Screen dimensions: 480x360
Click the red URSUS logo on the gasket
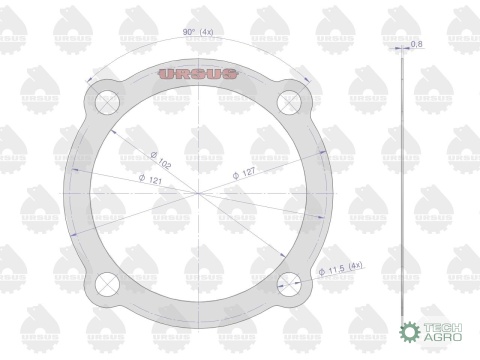pyautogui.click(x=198, y=74)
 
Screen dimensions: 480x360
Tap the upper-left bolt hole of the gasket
pyautogui.click(x=107, y=102)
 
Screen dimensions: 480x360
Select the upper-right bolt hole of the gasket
pyautogui.click(x=289, y=102)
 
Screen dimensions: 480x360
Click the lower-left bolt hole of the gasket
pyautogui.click(x=107, y=284)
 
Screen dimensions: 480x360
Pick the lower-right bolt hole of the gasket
pyautogui.click(x=289, y=284)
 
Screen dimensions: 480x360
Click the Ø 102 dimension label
pyautogui.click(x=161, y=160)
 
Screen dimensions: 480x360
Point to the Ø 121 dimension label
pyautogui.click(x=150, y=179)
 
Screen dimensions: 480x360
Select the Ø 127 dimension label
pyautogui.click(x=244, y=173)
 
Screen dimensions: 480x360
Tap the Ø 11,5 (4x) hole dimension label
pyautogui.click(x=340, y=268)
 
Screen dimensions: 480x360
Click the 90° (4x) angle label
pyautogui.click(x=198, y=32)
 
